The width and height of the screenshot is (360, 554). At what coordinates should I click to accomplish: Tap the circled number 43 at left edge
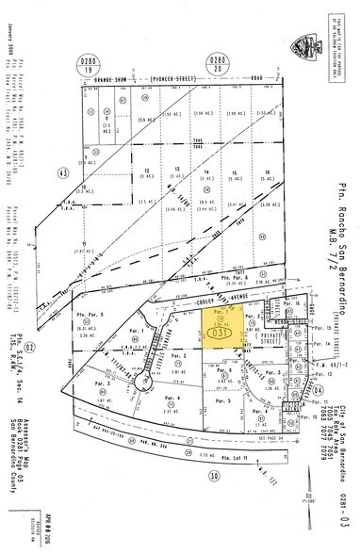pyautogui.click(x=39, y=173)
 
